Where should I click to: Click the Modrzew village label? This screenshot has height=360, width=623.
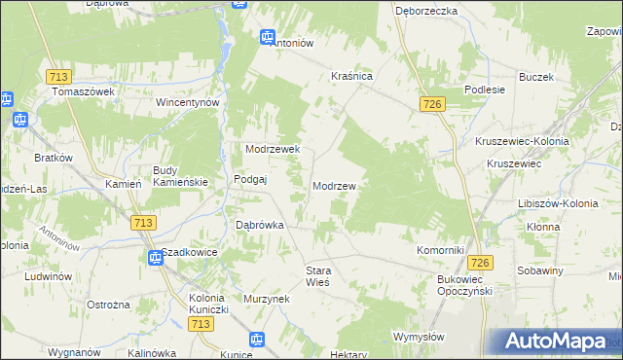[338, 186]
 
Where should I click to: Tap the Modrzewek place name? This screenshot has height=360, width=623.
[277, 150]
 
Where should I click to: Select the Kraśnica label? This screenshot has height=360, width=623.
[352, 75]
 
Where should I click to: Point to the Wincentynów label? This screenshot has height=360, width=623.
[190, 102]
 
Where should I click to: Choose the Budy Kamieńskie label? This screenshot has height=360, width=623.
[174, 176]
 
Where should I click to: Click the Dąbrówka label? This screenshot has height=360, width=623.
[260, 225]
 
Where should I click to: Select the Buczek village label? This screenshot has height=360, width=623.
[536, 77]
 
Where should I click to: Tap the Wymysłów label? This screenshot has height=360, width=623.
[419, 337]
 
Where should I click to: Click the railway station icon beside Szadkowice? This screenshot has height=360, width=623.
[154, 258]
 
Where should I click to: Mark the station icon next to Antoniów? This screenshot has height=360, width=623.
[268, 37]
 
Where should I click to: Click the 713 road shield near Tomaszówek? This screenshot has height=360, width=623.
[56, 76]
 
